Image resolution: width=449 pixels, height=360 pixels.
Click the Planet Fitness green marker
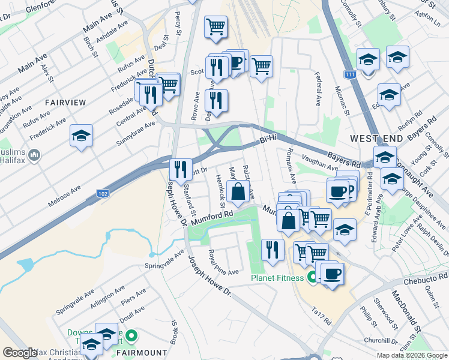312,277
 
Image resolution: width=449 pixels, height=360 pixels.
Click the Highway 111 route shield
349,74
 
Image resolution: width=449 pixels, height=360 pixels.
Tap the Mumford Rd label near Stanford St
211,217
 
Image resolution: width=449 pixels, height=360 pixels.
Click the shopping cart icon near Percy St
215,26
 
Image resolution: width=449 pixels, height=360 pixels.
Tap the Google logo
20,353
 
